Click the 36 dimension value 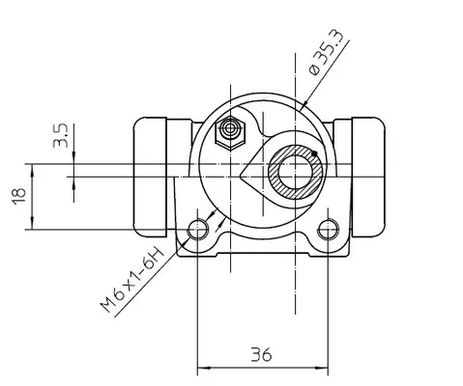261,354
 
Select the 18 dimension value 19,196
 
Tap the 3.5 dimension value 61,135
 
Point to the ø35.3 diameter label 329,53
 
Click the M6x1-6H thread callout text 132,279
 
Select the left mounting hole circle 198,230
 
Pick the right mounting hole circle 328,230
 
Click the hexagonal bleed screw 230,131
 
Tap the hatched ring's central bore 296,171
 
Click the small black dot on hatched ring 314,153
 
